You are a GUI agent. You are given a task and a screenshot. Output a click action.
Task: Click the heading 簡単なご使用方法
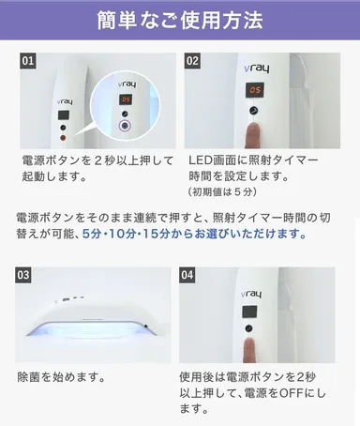click(x=180, y=19)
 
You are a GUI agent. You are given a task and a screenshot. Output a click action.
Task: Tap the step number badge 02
click(x=193, y=63)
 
